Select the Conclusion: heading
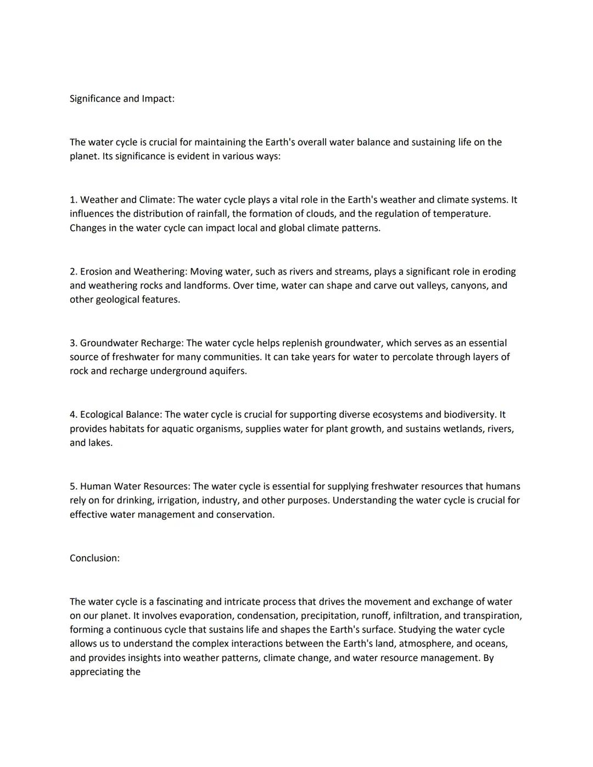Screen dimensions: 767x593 [94, 558]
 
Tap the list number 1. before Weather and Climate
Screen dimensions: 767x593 [74, 200]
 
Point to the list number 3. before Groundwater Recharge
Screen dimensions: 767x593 [74, 343]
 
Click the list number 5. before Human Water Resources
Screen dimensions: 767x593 [74, 486]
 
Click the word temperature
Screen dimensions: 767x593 [461, 214]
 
